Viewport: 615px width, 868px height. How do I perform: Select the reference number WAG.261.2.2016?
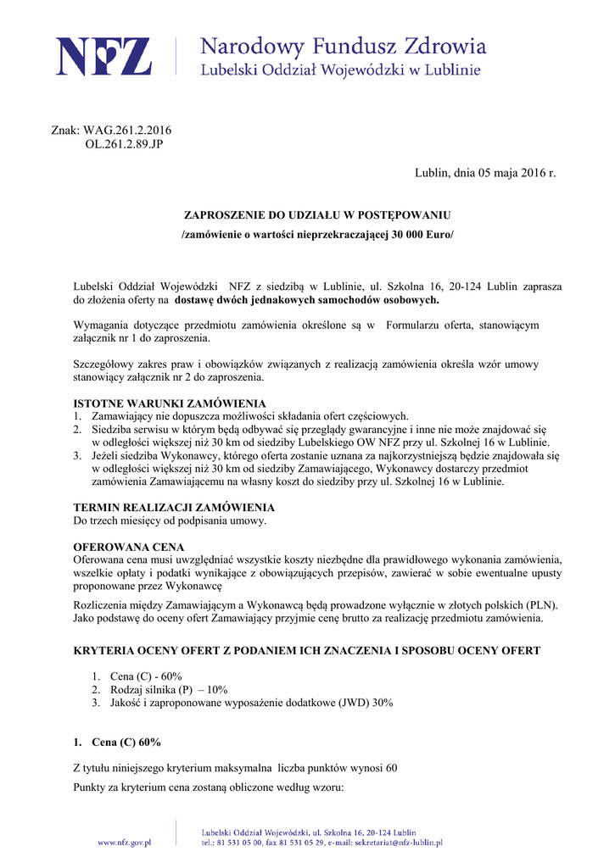(127, 131)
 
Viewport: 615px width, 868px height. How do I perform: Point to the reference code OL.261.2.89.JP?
(124, 144)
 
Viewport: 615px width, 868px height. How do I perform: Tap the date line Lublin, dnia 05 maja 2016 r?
(485, 174)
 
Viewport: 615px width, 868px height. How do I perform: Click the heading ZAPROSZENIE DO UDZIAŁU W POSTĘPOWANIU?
(317, 215)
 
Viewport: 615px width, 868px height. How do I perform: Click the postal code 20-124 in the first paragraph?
(468, 287)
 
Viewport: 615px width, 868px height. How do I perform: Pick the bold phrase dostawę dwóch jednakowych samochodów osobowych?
(307, 300)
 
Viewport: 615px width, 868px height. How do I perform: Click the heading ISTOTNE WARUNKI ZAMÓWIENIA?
(170, 403)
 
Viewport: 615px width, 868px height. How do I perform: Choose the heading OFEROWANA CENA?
(129, 547)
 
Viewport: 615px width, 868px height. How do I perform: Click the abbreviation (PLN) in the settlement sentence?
(541, 605)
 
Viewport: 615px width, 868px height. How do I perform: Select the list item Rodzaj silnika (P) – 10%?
(169, 690)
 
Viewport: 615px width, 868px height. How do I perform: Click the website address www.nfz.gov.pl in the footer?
(124, 843)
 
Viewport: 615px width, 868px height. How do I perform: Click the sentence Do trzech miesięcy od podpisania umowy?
(171, 520)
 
